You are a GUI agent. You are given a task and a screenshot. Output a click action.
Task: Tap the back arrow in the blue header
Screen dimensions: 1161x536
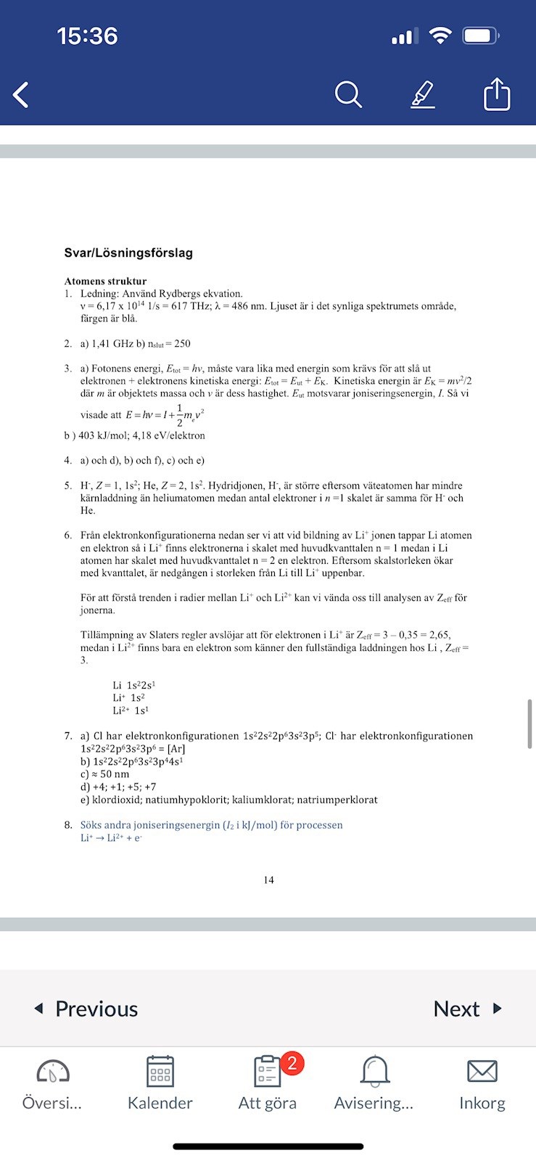click(21, 94)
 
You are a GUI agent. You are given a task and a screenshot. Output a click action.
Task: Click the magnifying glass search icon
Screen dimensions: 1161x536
click(348, 94)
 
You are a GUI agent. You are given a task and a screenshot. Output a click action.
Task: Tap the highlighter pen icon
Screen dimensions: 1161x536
click(423, 94)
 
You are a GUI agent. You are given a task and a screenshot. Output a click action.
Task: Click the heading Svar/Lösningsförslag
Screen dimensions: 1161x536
click(128, 253)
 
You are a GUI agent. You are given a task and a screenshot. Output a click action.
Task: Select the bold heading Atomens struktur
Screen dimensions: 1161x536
click(105, 281)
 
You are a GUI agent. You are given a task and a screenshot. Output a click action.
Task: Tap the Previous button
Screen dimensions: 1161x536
click(86, 1009)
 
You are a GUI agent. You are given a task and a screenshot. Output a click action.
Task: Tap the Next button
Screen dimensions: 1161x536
click(467, 1009)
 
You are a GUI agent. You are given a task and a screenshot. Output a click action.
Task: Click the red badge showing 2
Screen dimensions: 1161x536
click(292, 1063)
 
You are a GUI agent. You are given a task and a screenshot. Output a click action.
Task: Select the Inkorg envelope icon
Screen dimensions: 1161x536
click(482, 1071)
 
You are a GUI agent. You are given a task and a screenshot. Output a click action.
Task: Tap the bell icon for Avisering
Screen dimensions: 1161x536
click(374, 1071)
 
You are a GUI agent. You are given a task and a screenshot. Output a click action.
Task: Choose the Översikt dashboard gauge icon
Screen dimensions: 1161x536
click(52, 1071)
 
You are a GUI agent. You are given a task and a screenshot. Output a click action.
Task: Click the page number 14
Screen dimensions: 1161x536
click(268, 880)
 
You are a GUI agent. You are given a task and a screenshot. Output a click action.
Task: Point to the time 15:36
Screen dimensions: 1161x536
click(87, 36)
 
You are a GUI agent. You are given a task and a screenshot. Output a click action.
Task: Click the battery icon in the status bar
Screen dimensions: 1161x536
click(481, 36)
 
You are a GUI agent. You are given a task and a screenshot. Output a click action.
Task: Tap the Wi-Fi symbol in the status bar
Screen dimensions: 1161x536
click(440, 36)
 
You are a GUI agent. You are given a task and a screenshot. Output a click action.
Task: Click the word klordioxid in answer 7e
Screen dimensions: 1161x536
click(115, 799)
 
